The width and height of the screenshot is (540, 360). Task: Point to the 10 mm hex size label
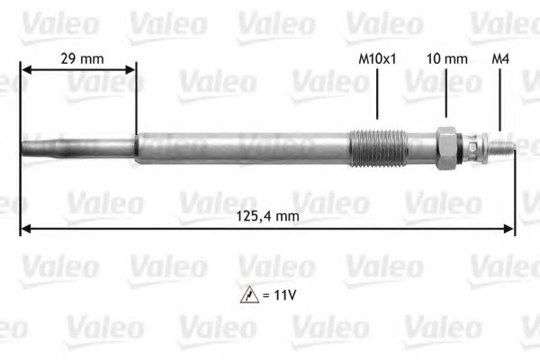[446, 59]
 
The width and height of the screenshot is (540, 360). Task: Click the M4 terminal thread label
[500, 59]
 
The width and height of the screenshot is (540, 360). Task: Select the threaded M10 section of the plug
[372, 146]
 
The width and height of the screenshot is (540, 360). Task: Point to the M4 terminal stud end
[504, 146]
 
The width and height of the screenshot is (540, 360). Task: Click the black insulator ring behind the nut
[463, 146]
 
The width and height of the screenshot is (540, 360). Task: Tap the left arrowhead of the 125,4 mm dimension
[23, 229]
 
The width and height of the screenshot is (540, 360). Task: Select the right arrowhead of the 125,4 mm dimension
[510, 229]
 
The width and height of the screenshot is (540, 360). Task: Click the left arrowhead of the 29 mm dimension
[24, 69]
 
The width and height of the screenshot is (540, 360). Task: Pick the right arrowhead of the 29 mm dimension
[133, 69]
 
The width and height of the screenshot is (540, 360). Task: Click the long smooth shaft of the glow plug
[243, 146]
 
